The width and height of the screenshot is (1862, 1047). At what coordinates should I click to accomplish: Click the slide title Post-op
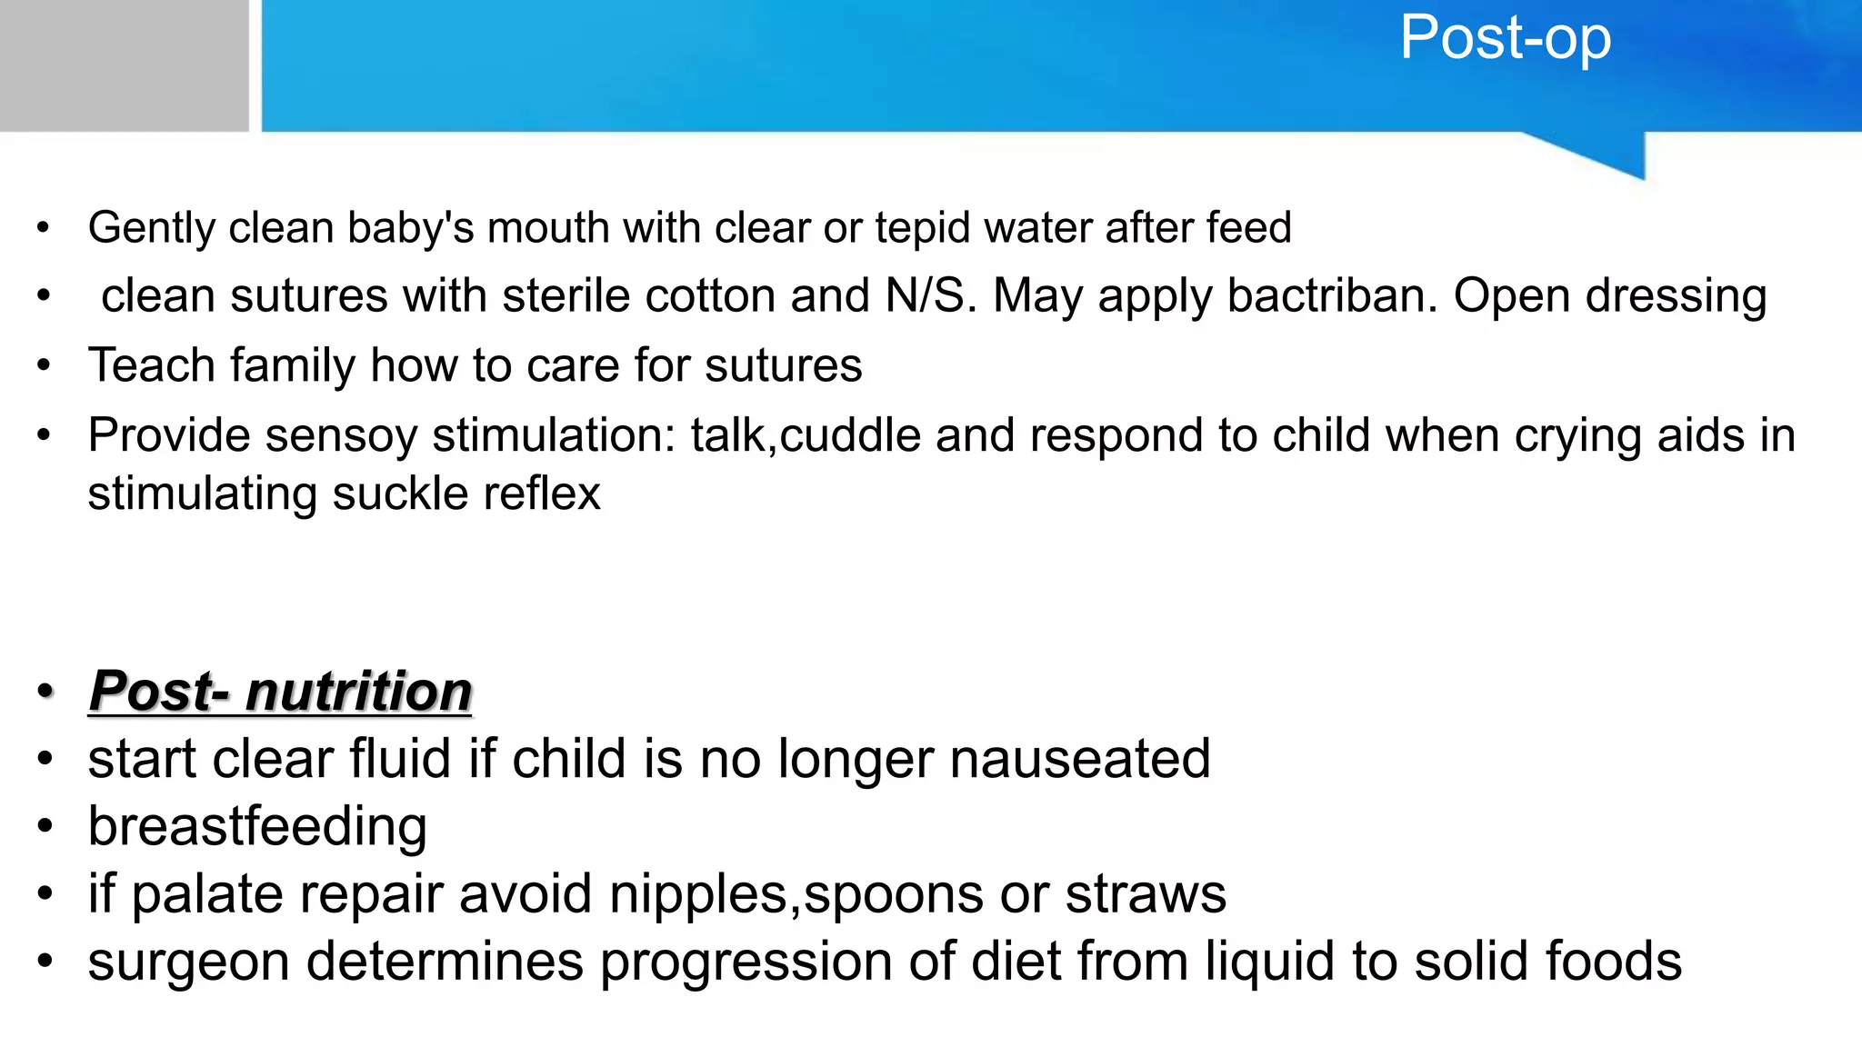[x=1506, y=38]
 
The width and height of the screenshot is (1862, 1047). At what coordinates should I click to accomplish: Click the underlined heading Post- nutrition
[x=280, y=691]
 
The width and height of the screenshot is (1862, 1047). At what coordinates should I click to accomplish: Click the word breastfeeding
[x=257, y=827]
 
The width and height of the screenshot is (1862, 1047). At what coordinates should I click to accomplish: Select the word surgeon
[x=188, y=962]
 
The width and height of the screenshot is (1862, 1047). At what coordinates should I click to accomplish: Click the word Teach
[x=151, y=365]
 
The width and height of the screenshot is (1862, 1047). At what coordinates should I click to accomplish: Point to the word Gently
[x=151, y=229]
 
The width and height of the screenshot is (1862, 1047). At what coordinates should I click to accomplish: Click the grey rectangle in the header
[x=124, y=65]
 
